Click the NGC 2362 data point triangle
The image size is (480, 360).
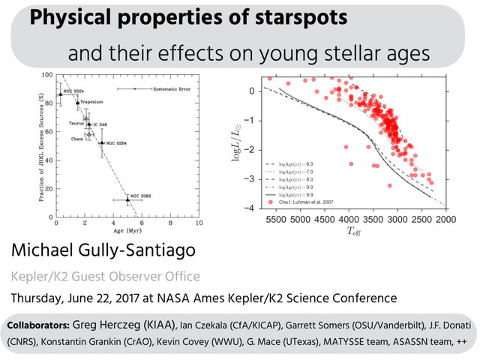coord(127,199)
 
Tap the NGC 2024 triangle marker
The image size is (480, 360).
coord(61,94)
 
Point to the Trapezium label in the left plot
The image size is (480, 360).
coord(91,102)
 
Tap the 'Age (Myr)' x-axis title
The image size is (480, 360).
coord(128,232)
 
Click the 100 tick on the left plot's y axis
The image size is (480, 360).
coord(46,76)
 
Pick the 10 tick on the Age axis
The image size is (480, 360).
coord(199,223)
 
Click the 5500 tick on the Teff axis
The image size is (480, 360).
coord(276,220)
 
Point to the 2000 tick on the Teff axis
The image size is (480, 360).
coord(445,220)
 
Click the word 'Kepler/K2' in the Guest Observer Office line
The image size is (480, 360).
coord(39,275)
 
